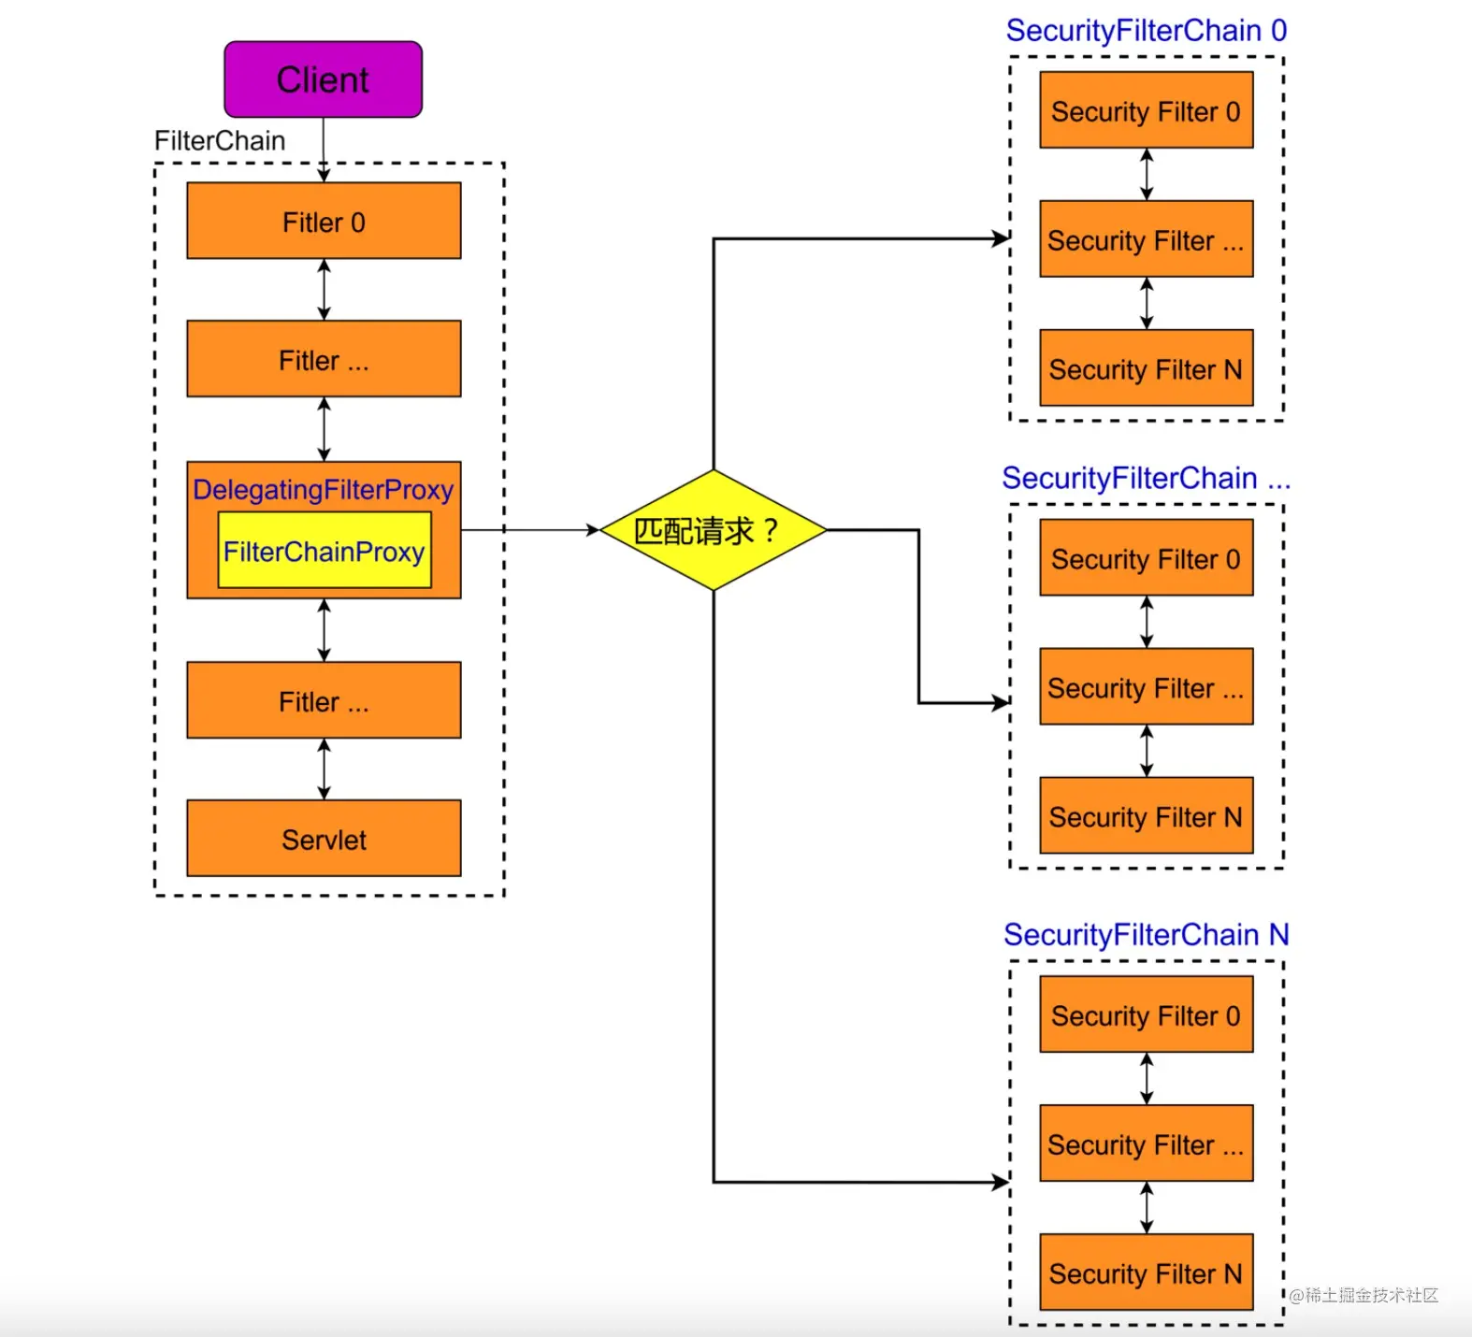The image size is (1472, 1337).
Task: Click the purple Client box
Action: click(323, 79)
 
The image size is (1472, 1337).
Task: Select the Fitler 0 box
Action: click(324, 222)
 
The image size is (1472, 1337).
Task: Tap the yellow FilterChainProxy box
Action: click(324, 551)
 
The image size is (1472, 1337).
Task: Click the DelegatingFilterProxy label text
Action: click(323, 489)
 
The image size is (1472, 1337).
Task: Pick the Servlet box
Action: click(324, 839)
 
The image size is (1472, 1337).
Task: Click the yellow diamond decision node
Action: click(713, 530)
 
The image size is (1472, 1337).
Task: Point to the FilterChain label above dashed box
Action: click(220, 140)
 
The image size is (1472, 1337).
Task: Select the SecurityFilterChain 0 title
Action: click(1146, 30)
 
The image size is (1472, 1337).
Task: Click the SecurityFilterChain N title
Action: click(1146, 934)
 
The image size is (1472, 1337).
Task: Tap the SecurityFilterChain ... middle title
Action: click(1146, 478)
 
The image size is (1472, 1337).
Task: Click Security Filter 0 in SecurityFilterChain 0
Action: click(1146, 110)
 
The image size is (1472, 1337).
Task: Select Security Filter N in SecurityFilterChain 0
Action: click(1146, 368)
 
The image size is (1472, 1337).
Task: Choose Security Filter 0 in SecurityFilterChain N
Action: click(1146, 1014)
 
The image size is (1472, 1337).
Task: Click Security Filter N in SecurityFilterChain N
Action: click(1146, 1272)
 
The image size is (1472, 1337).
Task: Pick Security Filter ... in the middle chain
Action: click(1146, 687)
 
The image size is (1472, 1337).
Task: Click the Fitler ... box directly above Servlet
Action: click(324, 700)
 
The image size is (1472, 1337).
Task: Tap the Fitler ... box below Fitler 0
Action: click(324, 359)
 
